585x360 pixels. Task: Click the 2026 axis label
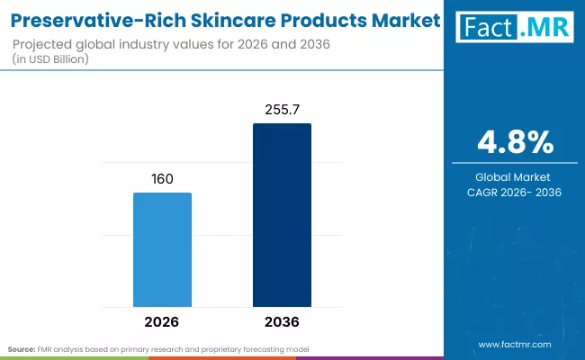click(x=162, y=321)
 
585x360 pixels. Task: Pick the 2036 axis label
click(x=282, y=321)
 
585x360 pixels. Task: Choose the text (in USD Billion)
click(x=56, y=59)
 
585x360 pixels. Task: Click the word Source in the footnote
click(x=21, y=347)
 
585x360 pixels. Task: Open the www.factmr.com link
click(x=516, y=345)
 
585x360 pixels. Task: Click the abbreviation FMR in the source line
click(x=43, y=347)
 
